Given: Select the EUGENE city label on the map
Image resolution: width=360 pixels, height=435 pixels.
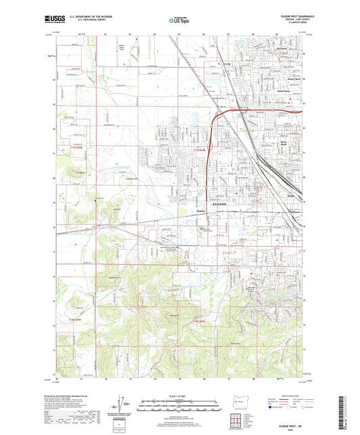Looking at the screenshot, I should coord(220,203).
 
